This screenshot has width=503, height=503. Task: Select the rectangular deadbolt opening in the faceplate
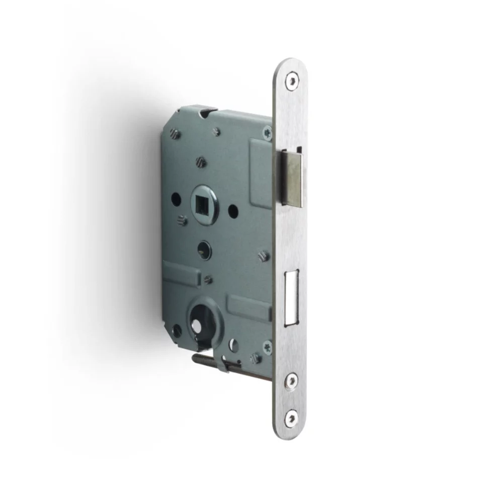point(291,296)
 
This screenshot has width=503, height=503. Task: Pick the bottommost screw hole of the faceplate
point(291,417)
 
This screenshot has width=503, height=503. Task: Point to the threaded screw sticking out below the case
point(206,361)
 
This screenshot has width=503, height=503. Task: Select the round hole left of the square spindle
point(176,199)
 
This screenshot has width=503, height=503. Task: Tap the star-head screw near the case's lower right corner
point(266,346)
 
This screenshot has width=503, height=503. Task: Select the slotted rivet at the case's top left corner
point(174,133)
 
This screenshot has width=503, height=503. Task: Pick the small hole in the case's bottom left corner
point(177,330)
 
